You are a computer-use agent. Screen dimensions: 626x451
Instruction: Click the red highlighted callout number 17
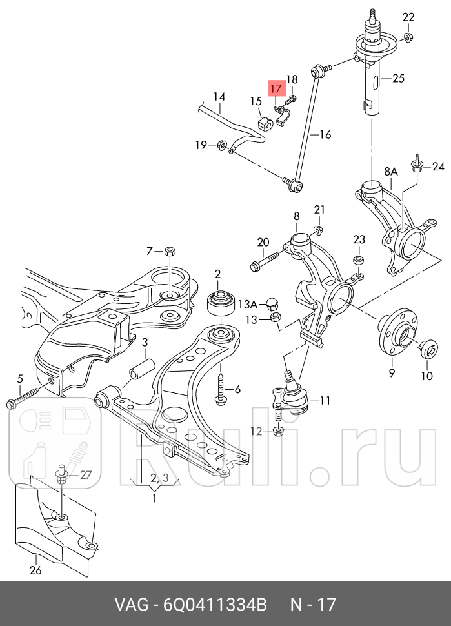coord(276,88)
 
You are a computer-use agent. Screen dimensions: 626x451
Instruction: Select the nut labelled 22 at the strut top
coord(408,36)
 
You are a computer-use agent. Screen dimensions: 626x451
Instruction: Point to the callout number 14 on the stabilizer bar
coord(219,97)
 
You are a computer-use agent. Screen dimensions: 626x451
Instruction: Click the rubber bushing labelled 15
coord(264,121)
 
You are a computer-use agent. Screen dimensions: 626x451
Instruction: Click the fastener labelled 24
coord(418,165)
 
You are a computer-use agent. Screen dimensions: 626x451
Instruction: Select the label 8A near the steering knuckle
coord(391,172)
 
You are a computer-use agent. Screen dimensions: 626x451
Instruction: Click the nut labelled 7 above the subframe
coord(170,250)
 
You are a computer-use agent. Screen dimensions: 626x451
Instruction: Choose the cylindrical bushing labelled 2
coord(218,303)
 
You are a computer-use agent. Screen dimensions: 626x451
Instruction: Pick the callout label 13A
coord(247,303)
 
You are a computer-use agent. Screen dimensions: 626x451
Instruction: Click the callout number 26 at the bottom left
coord(35,570)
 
